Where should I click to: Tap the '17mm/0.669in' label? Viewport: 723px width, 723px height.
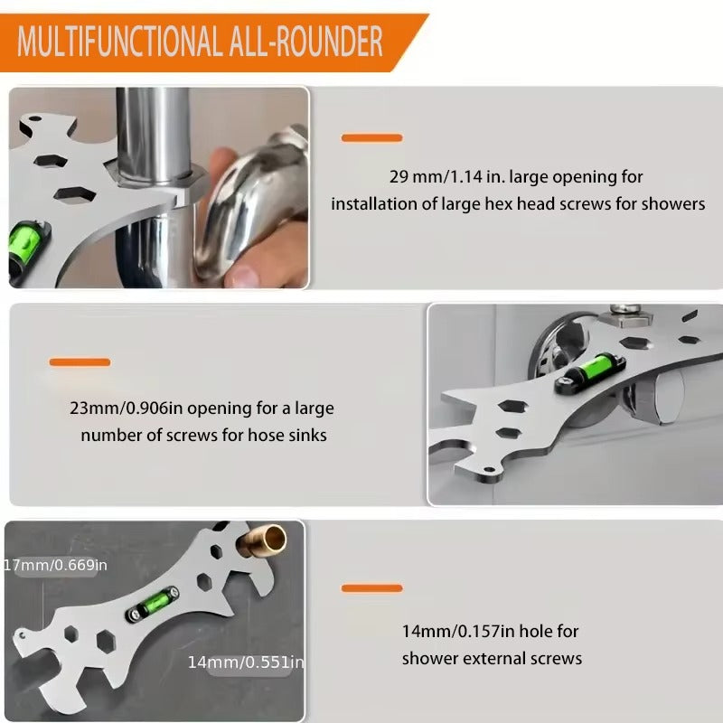coord(56,566)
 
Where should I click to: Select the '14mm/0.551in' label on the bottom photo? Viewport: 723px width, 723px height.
coord(245,662)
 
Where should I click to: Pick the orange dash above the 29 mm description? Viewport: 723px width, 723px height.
coord(371,137)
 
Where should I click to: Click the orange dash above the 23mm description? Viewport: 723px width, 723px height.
coord(80,362)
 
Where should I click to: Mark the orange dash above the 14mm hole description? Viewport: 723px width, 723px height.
coord(371,588)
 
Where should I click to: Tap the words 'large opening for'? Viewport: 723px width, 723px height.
coord(584,177)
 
